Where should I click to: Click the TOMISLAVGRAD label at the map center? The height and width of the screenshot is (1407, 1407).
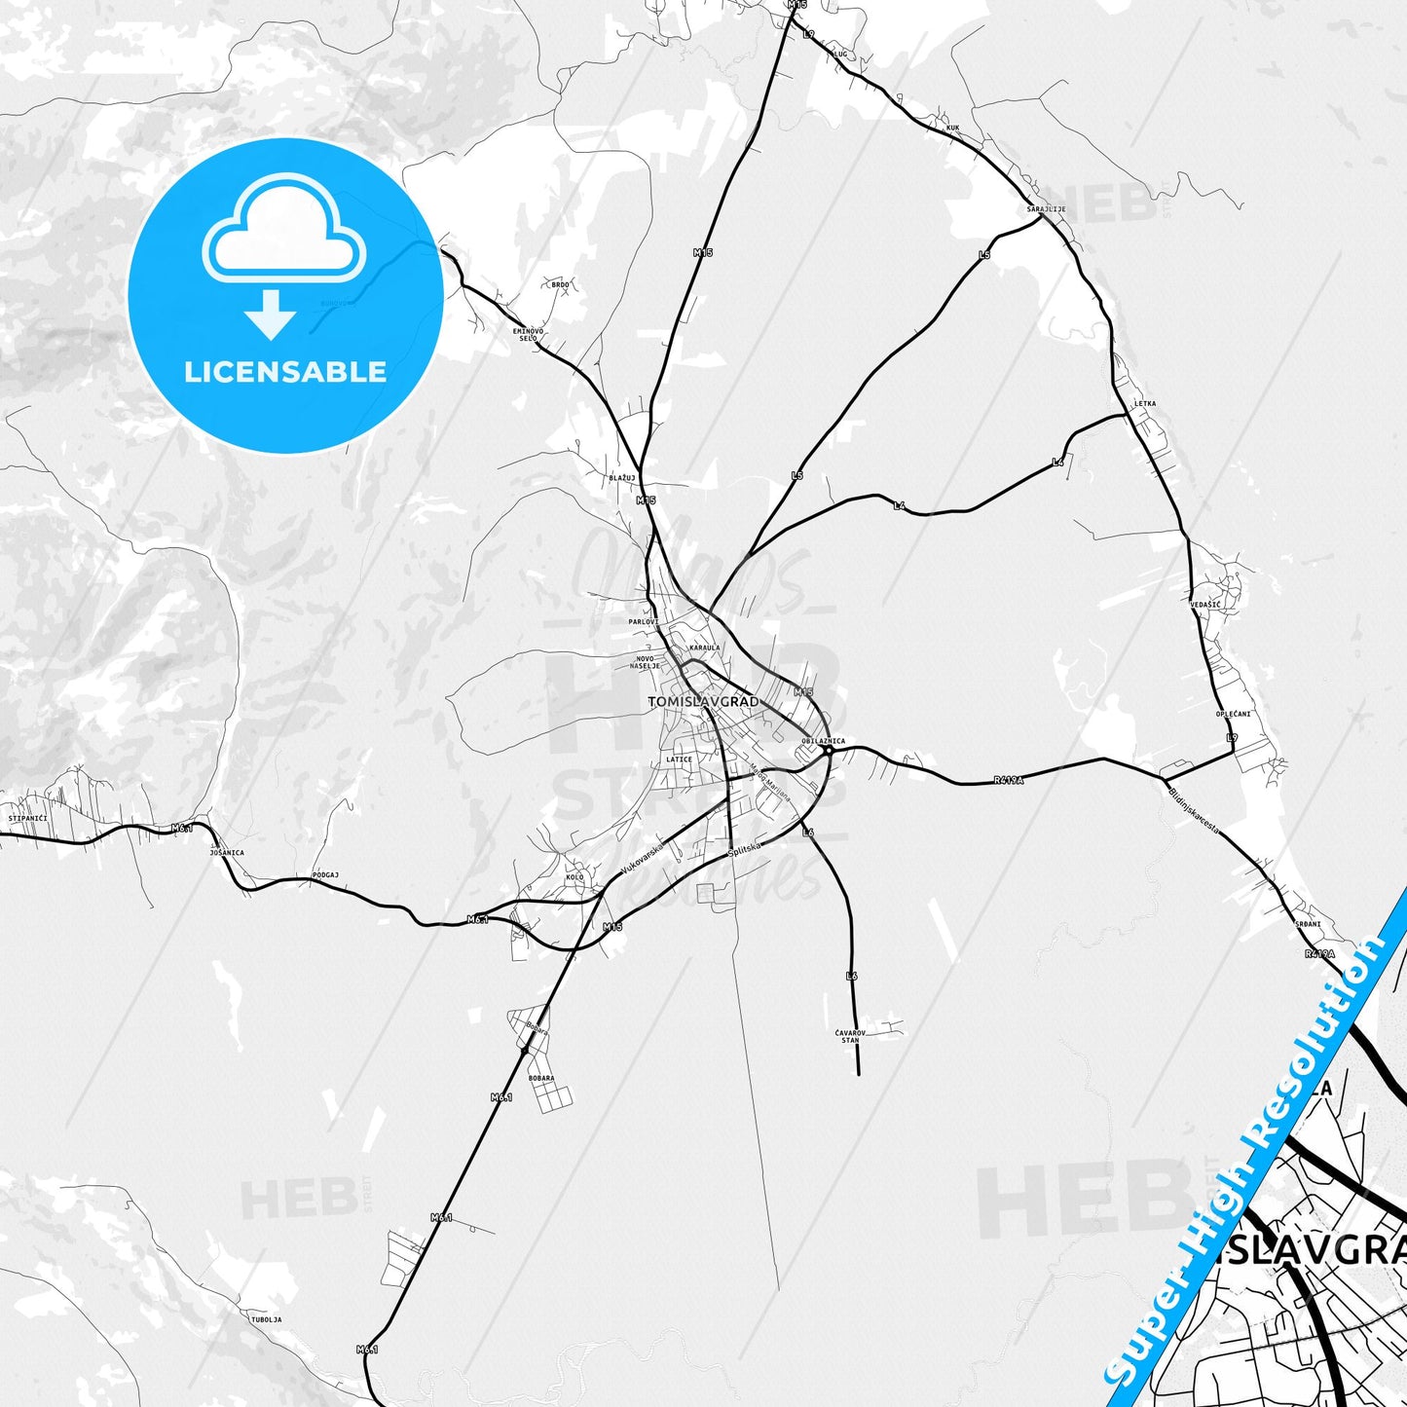coord(702,701)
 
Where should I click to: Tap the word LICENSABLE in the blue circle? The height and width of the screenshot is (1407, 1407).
coord(285,372)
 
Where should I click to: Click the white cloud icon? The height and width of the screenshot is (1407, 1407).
coord(283,231)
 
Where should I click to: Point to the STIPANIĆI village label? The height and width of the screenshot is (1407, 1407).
coord(27,818)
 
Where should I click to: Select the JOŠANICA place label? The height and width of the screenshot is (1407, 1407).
coord(227,852)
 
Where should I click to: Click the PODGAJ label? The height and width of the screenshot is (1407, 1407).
coord(325,875)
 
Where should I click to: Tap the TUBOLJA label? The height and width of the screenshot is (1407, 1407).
coord(266,1319)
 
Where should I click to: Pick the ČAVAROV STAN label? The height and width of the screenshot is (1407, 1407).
coord(850,1036)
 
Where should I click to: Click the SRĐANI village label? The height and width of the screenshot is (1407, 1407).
coord(1308,924)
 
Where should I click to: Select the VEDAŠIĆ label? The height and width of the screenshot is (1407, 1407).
coord(1204,605)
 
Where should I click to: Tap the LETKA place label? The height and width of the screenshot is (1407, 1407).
coord(1145,403)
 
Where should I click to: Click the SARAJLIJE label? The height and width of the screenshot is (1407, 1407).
coord(1046,209)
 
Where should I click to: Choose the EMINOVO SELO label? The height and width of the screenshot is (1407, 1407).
coord(528,334)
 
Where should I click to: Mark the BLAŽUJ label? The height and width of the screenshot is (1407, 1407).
coord(622,478)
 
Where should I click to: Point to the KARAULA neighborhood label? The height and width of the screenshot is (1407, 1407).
coord(704,648)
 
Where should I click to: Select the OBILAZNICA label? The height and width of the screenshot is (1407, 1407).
coord(823,741)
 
